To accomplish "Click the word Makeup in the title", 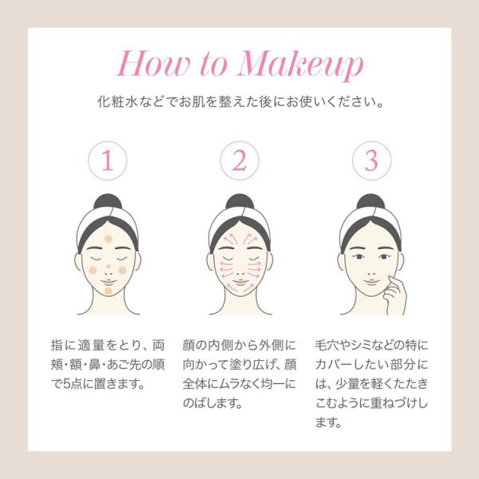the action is (x=301, y=65).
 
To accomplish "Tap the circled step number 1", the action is (x=108, y=160).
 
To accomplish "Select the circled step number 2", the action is (x=239, y=160).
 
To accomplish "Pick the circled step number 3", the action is (x=371, y=160).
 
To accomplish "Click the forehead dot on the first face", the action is (x=109, y=239).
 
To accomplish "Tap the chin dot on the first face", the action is (x=109, y=291).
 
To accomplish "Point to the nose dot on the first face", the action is (x=108, y=267).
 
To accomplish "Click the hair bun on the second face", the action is (x=239, y=201).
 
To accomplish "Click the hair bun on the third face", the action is (x=371, y=201).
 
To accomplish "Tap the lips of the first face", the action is (x=109, y=282).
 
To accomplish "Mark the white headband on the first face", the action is (x=108, y=224).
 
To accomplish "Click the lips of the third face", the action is (x=371, y=282).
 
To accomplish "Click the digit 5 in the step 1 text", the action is (x=66, y=384).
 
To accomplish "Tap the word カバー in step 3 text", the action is (x=333, y=365).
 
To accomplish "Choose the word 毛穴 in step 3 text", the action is (x=327, y=346).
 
